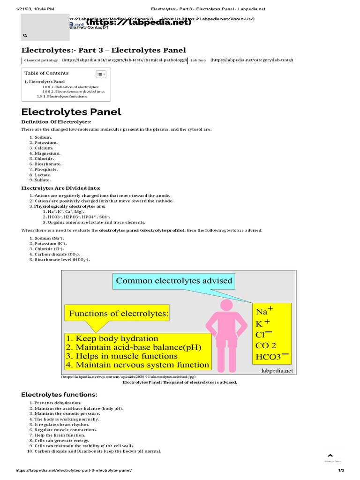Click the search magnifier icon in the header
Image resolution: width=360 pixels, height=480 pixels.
coord(25,35)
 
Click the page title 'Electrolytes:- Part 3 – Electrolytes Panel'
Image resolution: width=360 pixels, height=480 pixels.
coord(104,50)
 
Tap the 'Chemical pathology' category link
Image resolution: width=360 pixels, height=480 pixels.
coord(41,60)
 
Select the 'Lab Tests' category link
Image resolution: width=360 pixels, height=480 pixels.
coord(198,60)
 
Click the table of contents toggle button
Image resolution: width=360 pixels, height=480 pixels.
coord(101,74)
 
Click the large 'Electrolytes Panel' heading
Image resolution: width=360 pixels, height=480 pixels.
coord(71,112)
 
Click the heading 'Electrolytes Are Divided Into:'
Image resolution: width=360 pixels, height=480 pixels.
coord(61,188)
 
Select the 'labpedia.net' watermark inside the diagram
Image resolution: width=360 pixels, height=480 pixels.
coord(277,370)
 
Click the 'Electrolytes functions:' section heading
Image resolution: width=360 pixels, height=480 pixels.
coord(59,394)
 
